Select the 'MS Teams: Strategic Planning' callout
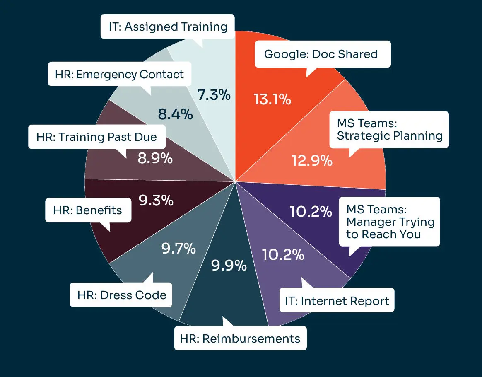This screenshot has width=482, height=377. pyautogui.click(x=389, y=130)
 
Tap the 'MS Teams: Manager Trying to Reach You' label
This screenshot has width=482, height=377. pyautogui.click(x=390, y=222)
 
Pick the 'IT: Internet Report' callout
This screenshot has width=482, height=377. pyautogui.click(x=337, y=301)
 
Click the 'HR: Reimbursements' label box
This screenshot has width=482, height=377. pyautogui.click(x=240, y=338)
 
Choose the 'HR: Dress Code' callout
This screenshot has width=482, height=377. pyautogui.click(x=122, y=295)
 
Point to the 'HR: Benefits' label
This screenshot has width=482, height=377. pyautogui.click(x=88, y=210)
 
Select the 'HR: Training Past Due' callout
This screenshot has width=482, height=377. pyautogui.click(x=97, y=137)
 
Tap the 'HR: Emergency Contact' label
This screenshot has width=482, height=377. pyautogui.click(x=120, y=74)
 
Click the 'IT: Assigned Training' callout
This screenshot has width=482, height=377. pyautogui.click(x=168, y=27)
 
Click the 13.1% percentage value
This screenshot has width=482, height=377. pyautogui.click(x=272, y=99)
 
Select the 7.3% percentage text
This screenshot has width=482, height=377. pyautogui.click(x=213, y=95)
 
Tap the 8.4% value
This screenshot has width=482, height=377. pyautogui.click(x=176, y=114)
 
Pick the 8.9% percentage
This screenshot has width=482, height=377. pyautogui.click(x=155, y=158)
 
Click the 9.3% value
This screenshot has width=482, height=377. pyautogui.click(x=156, y=201)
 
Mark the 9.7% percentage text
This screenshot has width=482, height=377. pyautogui.click(x=178, y=249)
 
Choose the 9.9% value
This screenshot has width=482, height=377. pyautogui.click(x=229, y=265)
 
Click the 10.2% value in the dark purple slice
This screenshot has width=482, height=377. pyautogui.click(x=311, y=211)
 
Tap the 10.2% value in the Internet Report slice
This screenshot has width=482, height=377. pyautogui.click(x=283, y=254)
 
